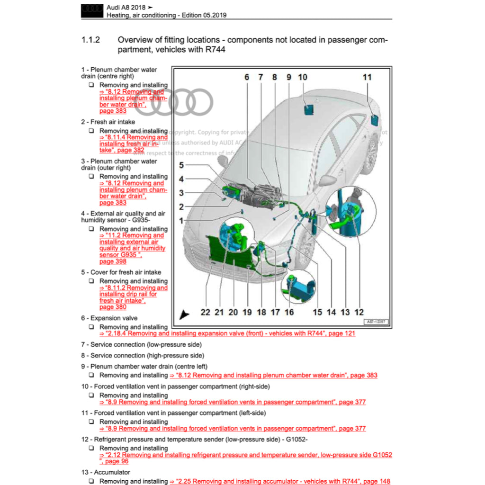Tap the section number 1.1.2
[90, 40]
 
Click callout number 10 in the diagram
[303, 77]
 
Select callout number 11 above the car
[367, 77]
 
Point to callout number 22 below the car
[205, 312]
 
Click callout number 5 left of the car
[181, 165]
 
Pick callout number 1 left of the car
[181, 221]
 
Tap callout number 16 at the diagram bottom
[289, 312]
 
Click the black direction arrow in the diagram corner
[184, 314]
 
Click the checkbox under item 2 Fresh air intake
[91, 131]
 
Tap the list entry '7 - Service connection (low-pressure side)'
[141, 345]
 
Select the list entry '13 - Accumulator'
[106, 472]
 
